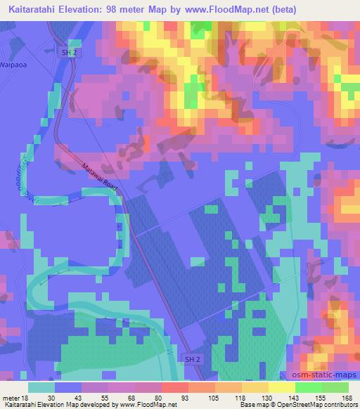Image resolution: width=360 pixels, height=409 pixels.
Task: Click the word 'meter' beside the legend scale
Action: coord(11,397)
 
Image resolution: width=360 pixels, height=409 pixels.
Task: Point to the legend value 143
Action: coord(296,397)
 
